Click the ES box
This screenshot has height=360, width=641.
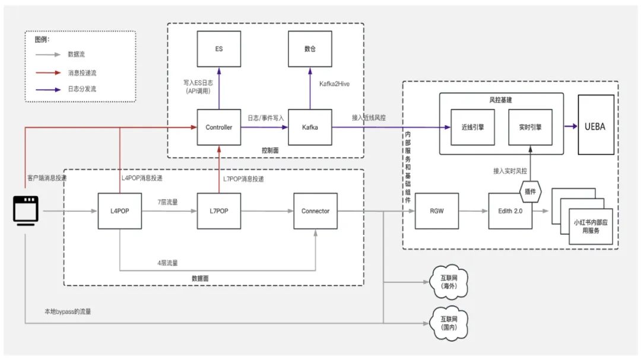[x=219, y=49]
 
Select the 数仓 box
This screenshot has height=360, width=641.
[x=310, y=49]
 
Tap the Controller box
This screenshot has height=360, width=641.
[x=219, y=127]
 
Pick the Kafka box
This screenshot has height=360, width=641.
[x=310, y=127]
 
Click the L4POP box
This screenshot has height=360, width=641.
[x=120, y=211]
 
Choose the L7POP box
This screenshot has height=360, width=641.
[x=219, y=211]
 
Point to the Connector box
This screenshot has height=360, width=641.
[x=315, y=211]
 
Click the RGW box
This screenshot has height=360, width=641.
[x=436, y=211]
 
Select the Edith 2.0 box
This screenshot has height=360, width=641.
[x=510, y=211]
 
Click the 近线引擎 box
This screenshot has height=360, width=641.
[x=472, y=127]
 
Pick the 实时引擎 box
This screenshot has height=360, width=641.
[x=531, y=127]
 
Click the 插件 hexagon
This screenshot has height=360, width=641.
[x=531, y=192]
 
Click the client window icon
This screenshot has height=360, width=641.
[x=26, y=211]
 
